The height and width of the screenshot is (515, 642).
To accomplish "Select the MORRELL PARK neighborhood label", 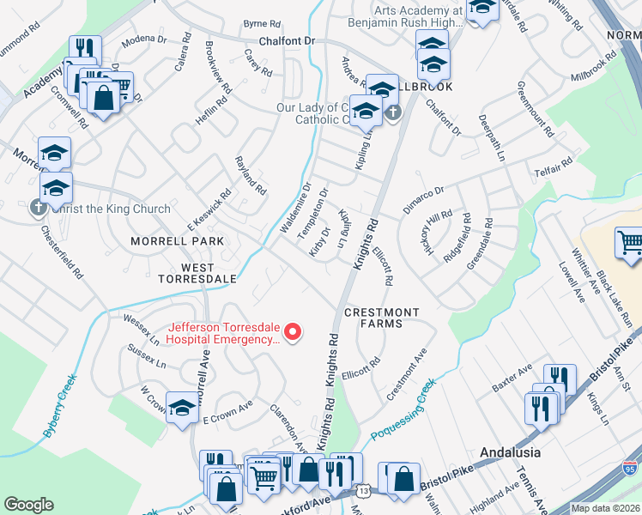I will point(177,241).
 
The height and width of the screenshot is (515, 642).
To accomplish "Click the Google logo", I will point(28,504).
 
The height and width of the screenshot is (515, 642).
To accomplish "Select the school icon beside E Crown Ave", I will point(182,410).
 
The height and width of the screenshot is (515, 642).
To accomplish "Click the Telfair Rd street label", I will point(554,166).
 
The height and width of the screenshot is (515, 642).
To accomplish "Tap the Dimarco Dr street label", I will point(423,202).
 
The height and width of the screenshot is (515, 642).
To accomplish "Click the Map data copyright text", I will point(605,508).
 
